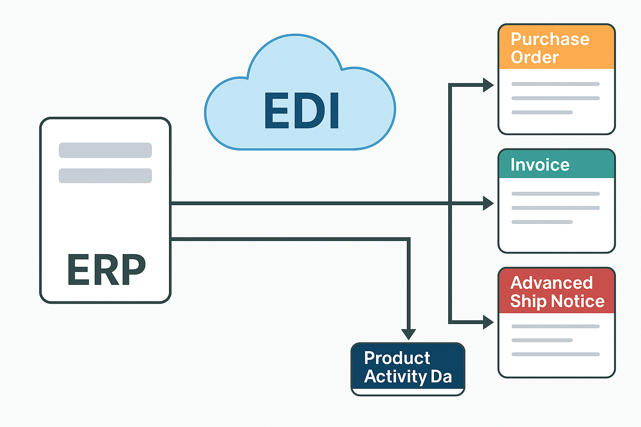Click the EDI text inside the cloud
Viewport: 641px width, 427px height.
[301, 111]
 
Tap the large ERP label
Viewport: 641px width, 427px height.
[106, 270]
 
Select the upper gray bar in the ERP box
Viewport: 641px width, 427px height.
[105, 150]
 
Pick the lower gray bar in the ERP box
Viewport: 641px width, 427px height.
[105, 176]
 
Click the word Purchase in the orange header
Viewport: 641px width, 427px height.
[550, 39]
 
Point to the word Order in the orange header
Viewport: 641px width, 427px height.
[535, 57]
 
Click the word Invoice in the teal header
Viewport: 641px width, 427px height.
[540, 165]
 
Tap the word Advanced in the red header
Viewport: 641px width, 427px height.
[551, 283]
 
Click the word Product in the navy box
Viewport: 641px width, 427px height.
[396, 358]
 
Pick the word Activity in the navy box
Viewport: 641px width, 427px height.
[395, 376]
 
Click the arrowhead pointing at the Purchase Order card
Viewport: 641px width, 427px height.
[488, 85]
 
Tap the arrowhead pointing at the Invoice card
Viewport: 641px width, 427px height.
[488, 203]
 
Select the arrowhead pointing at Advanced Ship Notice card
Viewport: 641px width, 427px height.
[488, 322]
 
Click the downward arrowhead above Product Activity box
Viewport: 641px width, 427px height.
[409, 334]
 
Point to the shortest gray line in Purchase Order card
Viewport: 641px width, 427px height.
[542, 112]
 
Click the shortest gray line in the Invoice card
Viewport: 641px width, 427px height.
[542, 222]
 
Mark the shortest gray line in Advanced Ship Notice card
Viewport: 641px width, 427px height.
[542, 340]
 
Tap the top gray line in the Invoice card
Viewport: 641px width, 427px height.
[555, 193]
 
